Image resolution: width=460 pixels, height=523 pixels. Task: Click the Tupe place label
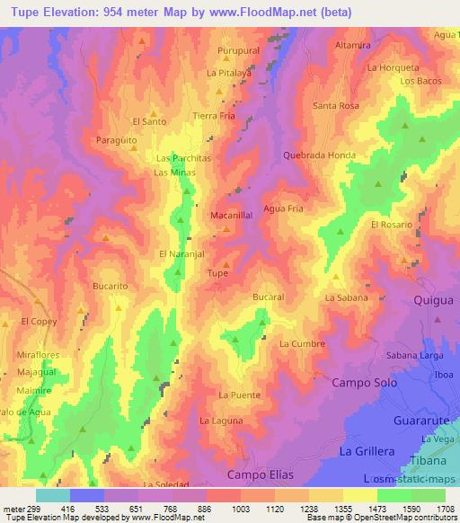[x=217, y=273]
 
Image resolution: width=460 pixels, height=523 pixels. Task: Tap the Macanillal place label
[x=231, y=217]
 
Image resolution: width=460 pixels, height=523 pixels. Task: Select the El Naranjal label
[x=183, y=254]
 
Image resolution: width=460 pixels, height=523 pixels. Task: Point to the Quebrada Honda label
[x=318, y=155]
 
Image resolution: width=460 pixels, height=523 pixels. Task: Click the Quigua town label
[x=435, y=301]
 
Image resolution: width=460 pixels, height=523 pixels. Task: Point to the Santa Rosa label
[x=335, y=106]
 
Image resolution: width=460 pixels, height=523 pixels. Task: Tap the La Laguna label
[x=220, y=420]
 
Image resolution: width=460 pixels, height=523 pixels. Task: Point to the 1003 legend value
[x=241, y=508]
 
